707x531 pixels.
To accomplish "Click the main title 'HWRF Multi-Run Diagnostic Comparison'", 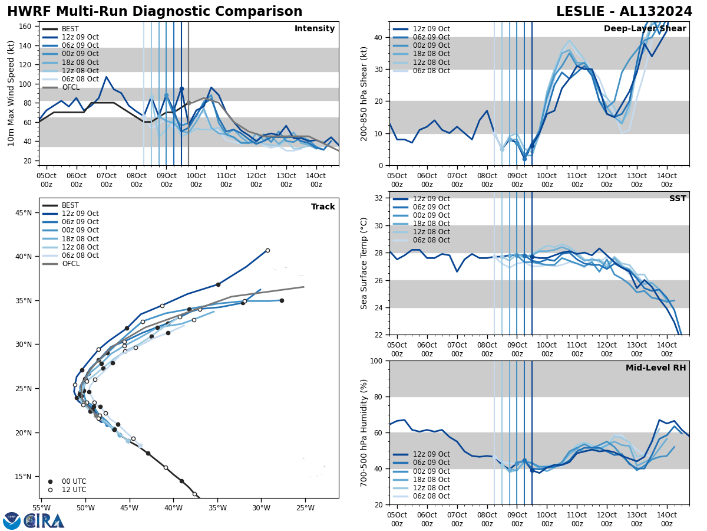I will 154,12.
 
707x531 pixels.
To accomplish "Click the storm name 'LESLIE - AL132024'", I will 624,12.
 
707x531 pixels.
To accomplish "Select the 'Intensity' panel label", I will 315,29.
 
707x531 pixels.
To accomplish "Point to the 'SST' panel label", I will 677,199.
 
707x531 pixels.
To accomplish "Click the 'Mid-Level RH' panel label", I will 656,368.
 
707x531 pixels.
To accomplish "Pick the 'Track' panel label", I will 323,207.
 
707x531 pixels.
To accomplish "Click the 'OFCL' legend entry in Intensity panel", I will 71,87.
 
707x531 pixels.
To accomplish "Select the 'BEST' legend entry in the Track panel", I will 70,205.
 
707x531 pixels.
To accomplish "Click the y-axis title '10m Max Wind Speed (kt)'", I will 11,94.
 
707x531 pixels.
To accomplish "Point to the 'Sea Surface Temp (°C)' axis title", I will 364,263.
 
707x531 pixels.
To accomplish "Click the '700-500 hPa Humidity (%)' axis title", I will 364,432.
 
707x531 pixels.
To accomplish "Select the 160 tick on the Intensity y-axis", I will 27,27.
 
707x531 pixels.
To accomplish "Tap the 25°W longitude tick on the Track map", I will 305,507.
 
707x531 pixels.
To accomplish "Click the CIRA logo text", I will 44,521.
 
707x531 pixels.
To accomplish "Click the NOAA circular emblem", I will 11,521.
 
